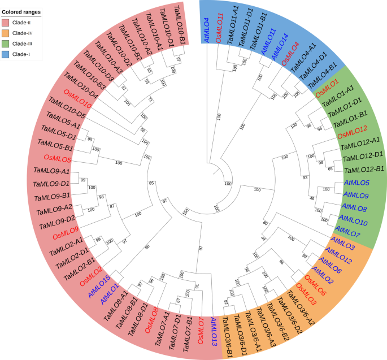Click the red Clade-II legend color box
pos(7,23)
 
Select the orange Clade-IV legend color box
pos(7,33)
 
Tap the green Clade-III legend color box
pos(7,43)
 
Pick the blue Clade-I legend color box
pos(7,53)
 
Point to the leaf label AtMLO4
pos(207,30)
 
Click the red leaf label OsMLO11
pos(220,26)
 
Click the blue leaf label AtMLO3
pos(342,245)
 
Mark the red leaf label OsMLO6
pos(315,284)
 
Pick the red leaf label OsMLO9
pos(66,235)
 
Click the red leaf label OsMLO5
pos(57,158)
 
